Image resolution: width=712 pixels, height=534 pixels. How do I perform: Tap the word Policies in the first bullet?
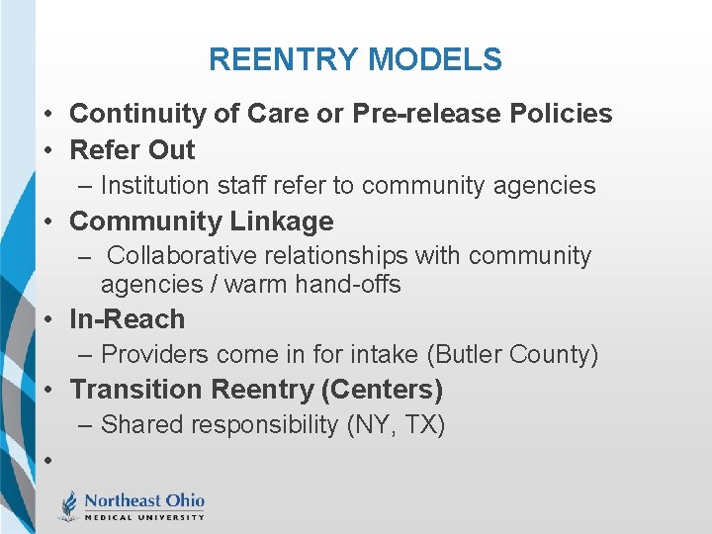tap(561, 114)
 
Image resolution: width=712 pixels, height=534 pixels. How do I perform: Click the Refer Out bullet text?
tap(133, 150)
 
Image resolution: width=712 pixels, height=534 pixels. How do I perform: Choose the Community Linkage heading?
tap(202, 221)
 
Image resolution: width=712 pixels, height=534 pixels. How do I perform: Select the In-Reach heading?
tap(128, 319)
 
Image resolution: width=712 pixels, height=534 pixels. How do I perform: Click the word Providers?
tap(151, 355)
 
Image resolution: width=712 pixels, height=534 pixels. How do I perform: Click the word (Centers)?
tap(382, 390)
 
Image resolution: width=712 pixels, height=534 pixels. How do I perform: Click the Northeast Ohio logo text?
tap(144, 500)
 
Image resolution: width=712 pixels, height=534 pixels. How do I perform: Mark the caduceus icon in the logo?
tap(69, 505)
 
